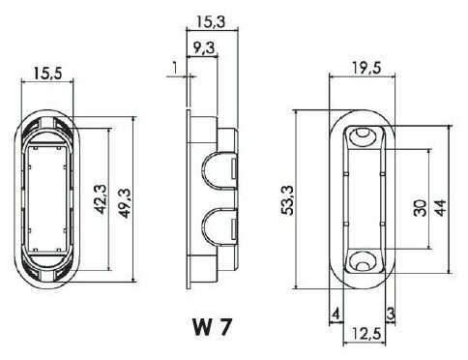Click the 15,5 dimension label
[47, 74]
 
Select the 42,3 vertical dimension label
[101, 199]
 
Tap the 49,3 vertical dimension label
[126, 203]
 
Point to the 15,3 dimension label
[211, 22]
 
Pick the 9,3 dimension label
[204, 48]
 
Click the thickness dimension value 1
[175, 68]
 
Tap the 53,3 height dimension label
[287, 200]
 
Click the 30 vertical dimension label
[421, 208]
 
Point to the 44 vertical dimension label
[441, 208]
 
